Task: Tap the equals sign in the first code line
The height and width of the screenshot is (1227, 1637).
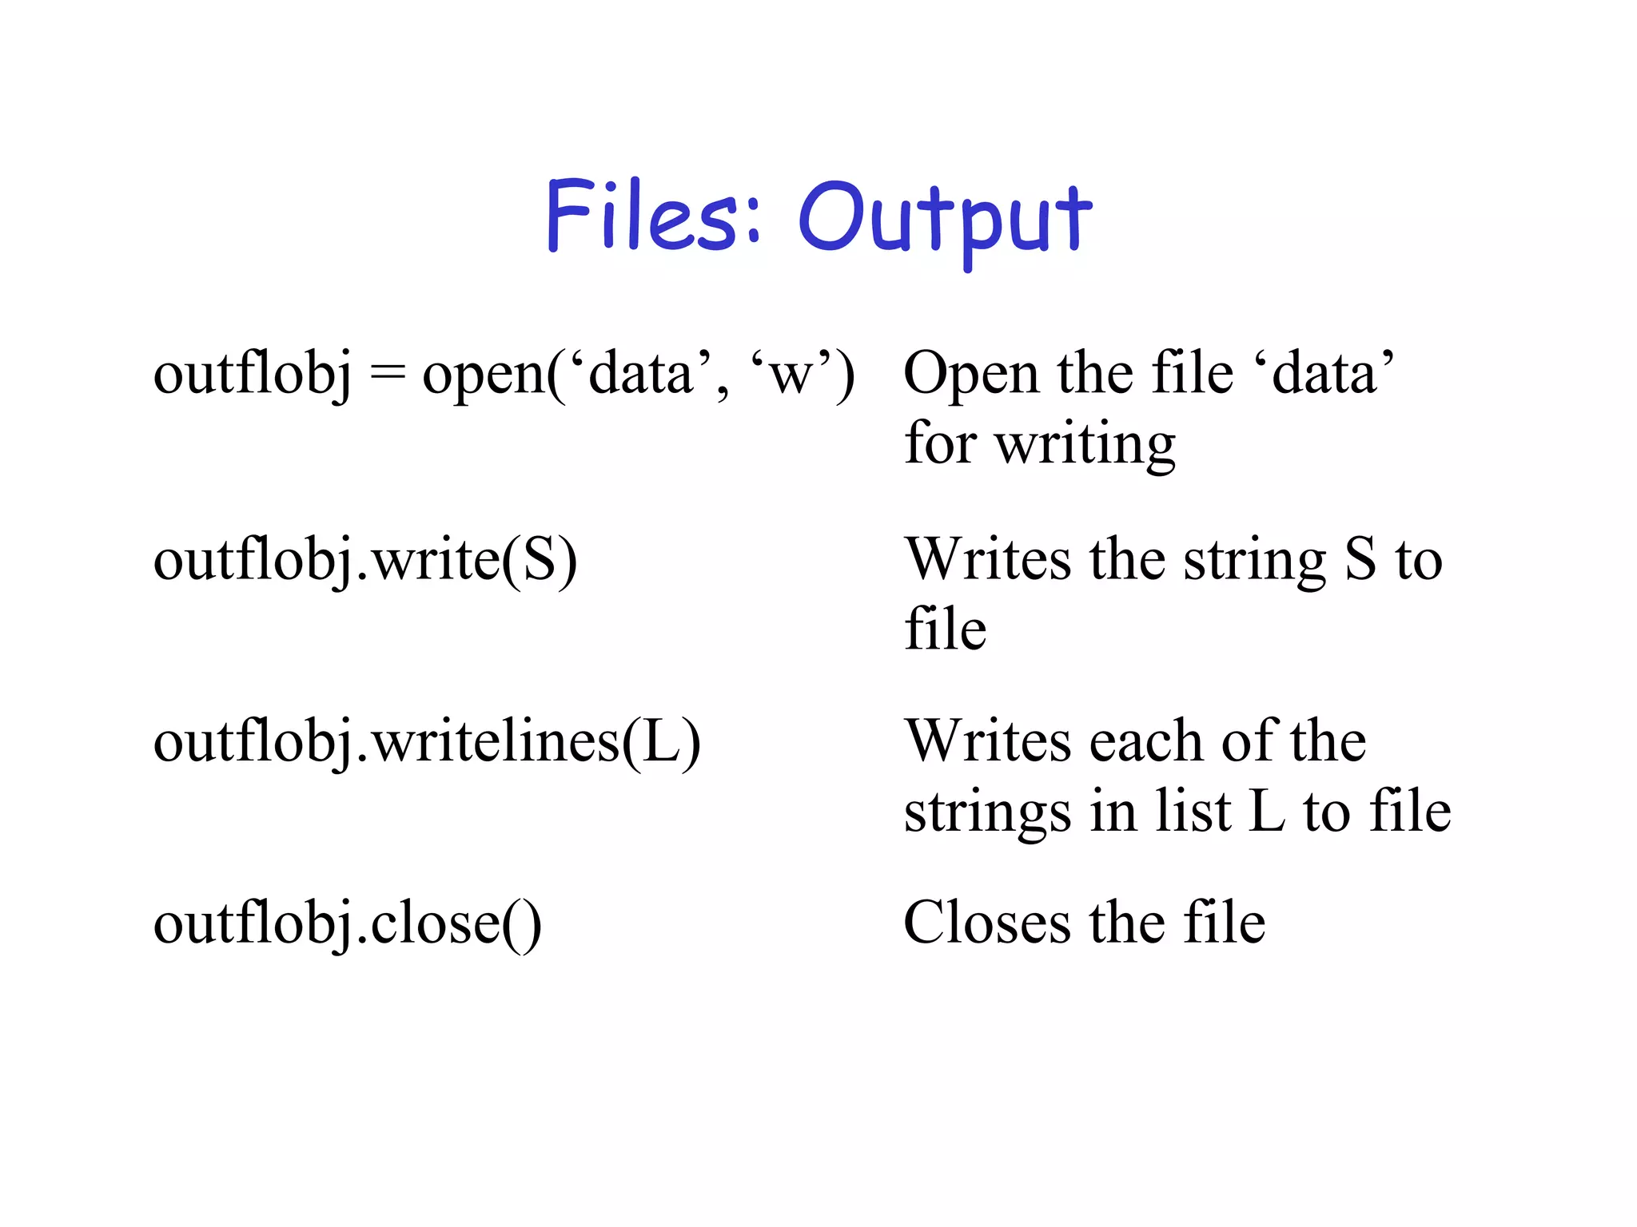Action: (387, 374)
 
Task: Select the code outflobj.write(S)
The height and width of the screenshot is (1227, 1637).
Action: (364, 560)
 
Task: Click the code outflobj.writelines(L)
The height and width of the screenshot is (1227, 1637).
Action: (427, 742)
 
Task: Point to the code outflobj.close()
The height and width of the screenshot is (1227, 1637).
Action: (347, 923)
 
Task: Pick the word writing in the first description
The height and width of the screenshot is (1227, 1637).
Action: (1085, 444)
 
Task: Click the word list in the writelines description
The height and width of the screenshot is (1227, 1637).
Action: (1192, 812)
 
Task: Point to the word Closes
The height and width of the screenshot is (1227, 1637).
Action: (986, 923)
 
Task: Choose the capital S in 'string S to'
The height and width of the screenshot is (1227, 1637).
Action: (1360, 560)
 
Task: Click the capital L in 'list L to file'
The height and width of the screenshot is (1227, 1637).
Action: (1266, 812)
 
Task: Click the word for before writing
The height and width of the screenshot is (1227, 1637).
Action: (939, 444)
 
